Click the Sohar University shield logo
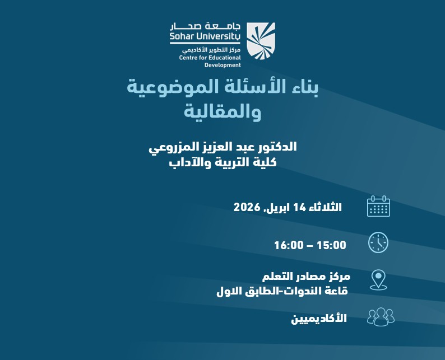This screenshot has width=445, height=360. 261,40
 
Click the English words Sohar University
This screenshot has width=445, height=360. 205,38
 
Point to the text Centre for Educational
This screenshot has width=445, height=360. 210,57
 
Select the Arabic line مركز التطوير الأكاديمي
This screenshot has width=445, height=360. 210,49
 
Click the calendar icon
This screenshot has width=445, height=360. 378,206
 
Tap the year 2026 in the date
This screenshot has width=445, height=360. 247,207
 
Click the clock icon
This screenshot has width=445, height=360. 378,243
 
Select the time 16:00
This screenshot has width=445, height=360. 289,245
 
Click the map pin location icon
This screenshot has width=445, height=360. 379,279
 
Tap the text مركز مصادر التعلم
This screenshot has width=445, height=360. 306,277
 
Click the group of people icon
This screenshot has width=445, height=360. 381,316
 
